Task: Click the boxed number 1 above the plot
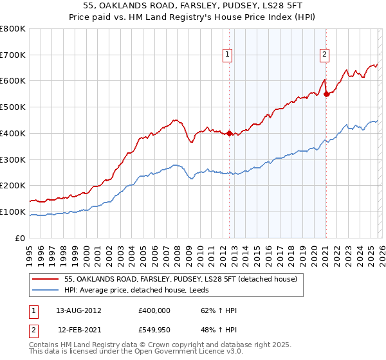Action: point(228,55)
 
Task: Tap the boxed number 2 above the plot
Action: point(325,55)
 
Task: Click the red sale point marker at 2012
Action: point(229,133)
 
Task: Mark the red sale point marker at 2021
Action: point(326,94)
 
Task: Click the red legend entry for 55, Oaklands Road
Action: point(181,279)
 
